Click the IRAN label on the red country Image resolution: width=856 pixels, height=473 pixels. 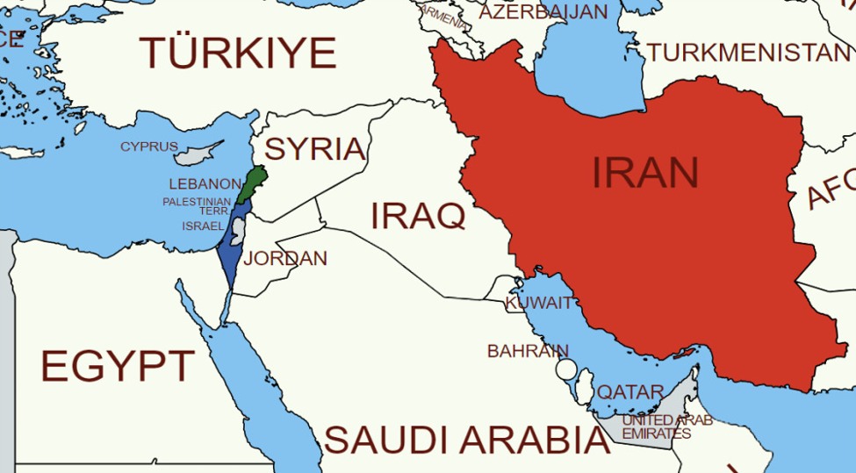pos(644,173)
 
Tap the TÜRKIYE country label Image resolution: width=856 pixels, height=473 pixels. pos(238,53)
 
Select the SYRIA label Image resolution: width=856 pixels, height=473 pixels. pos(314,149)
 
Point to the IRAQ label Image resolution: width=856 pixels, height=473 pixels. pos(417,215)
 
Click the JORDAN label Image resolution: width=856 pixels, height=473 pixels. pos(285,259)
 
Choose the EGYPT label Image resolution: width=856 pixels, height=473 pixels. pos(118,365)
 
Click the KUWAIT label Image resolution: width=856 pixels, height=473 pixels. pos(538,304)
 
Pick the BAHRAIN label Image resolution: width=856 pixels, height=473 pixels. pos(528,351)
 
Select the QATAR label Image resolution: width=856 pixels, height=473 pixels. pos(630,392)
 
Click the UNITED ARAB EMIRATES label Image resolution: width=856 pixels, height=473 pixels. pos(665,426)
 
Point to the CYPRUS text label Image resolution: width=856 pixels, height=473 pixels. pos(148,147)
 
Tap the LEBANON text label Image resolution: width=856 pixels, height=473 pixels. pos(205,184)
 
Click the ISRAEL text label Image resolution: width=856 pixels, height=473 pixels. pos(203,226)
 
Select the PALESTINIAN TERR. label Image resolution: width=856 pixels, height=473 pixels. pos(197,205)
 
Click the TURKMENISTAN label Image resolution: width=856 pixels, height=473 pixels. pos(749,54)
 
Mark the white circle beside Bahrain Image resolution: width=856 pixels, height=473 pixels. pos(566,369)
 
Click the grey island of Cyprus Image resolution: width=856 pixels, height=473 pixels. pos(194,155)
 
